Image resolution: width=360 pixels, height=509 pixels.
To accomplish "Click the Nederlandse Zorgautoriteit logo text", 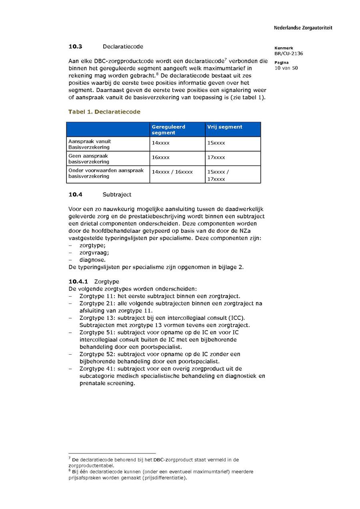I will point(303,28).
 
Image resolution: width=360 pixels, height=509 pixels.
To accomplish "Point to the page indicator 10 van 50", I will point(286,68).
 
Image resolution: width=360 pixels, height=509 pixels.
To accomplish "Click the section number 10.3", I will point(75,47).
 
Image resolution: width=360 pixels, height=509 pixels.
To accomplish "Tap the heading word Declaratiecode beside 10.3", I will point(123,47).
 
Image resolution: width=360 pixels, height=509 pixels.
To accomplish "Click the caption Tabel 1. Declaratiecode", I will point(104,112).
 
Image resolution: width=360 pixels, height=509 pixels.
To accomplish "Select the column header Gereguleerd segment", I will point(168,130).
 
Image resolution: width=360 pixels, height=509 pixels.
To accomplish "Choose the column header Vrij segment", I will point(224,127).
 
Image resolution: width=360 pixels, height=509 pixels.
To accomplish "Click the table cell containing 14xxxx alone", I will point(160,143).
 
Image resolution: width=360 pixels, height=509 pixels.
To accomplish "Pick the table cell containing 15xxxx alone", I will point(216,143).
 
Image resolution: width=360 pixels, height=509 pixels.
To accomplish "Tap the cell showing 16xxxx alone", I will point(160,158).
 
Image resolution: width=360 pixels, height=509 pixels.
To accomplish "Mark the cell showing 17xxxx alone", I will point(216,158).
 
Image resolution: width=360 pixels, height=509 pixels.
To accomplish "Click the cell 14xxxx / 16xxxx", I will point(172,172).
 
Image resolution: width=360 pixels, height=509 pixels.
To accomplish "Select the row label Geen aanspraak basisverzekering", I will point(88,159).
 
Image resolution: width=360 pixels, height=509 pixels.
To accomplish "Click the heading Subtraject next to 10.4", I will point(117,195).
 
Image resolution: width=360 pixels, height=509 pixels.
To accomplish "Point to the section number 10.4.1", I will point(78,281).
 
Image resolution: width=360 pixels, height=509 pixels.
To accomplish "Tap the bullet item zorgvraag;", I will point(94,253).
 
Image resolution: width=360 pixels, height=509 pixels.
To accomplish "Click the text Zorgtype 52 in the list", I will point(97,354).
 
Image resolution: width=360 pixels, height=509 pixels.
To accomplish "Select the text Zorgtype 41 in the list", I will point(97,369).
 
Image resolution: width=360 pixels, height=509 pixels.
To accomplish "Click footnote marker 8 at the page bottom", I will point(70,471).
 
